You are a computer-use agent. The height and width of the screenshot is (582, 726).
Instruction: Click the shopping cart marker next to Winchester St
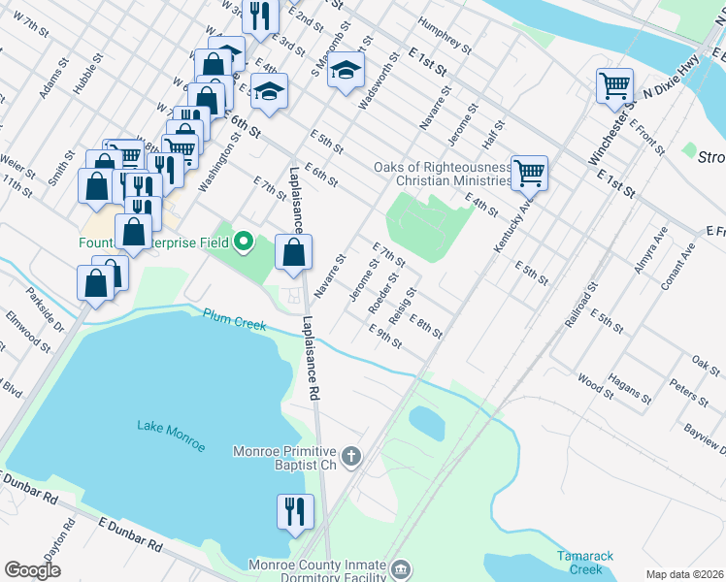[615, 86]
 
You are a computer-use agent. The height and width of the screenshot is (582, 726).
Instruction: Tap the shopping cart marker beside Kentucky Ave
[529, 174]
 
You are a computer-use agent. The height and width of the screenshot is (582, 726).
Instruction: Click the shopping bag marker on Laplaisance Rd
[294, 253]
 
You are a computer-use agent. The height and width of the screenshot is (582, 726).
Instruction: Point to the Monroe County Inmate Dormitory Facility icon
[401, 567]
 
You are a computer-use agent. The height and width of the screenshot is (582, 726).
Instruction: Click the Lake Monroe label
[171, 436]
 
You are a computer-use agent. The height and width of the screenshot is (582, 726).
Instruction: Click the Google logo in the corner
[33, 570]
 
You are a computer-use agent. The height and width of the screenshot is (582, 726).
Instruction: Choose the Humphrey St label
[445, 36]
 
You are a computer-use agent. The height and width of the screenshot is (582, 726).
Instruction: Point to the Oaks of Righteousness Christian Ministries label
[443, 174]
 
